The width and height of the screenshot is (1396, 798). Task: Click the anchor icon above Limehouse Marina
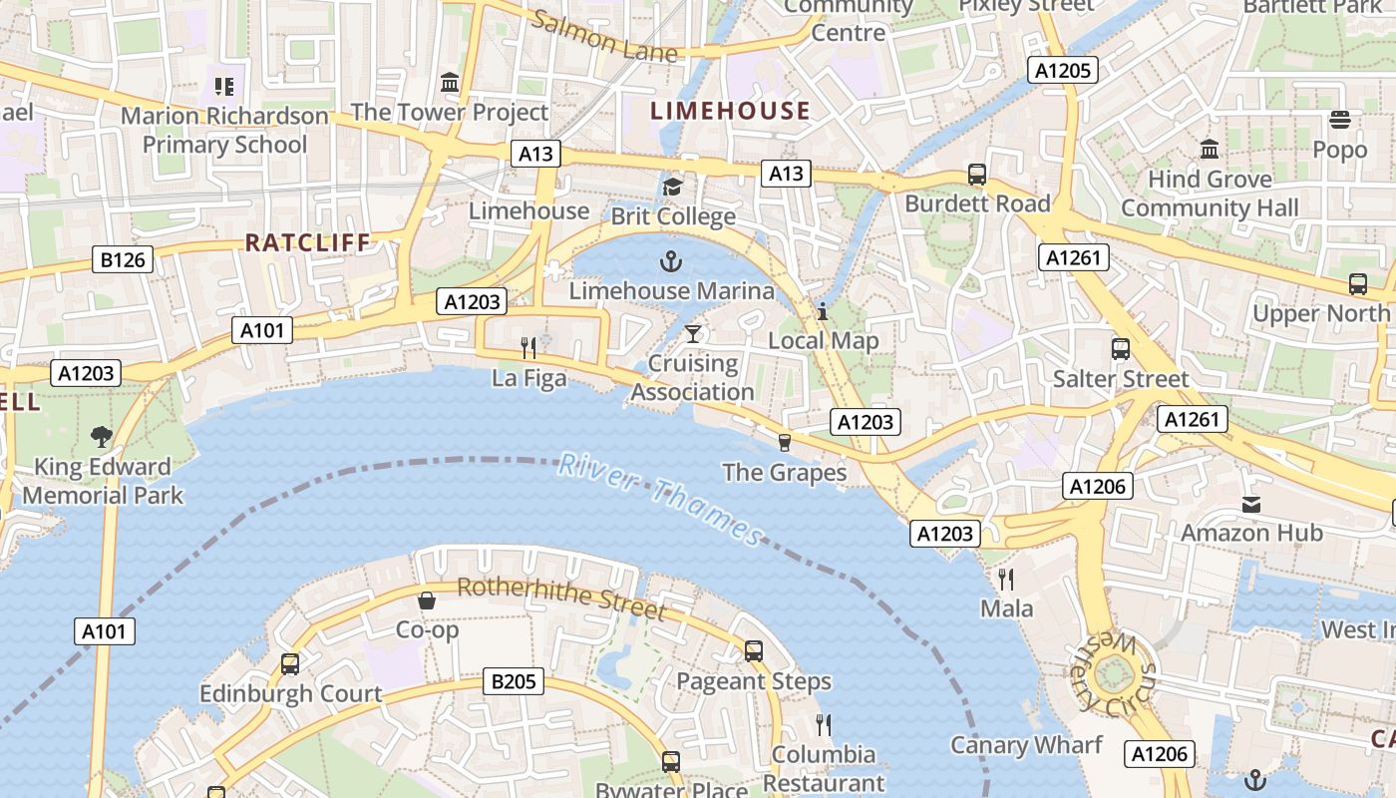[671, 262]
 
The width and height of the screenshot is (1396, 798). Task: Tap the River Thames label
[660, 498]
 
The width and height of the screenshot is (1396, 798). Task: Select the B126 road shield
[123, 260]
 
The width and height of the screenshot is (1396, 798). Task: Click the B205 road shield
[515, 682]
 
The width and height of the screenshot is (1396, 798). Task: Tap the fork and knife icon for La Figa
[528, 348]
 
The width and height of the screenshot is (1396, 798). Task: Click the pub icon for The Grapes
[784, 442]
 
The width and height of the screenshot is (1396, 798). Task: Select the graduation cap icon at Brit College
[673, 188]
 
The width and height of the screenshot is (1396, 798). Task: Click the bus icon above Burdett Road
[977, 175]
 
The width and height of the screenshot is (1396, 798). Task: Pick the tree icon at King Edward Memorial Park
[101, 436]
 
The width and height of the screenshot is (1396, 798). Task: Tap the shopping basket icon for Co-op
[427, 600]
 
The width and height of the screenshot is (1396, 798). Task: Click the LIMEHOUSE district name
[730, 111]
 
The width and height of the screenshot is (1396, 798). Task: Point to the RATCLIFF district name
[307, 242]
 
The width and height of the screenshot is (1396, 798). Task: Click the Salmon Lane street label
[604, 36]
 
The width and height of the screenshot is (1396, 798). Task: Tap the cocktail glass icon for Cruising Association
[693, 333]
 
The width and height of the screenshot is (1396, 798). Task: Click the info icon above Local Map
[823, 311]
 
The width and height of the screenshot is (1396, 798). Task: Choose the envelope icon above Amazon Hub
[1251, 504]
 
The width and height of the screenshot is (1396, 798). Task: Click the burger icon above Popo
[1340, 121]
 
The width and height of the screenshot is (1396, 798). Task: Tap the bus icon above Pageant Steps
[754, 651]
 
